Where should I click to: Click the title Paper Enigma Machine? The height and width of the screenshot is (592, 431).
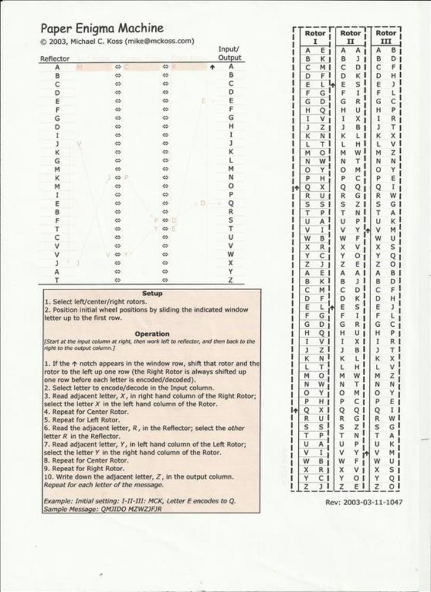pos(102,28)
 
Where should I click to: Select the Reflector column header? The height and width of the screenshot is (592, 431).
pos(55,59)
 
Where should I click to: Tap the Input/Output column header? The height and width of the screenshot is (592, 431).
pos(229,53)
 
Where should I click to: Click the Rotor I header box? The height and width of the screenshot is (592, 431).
pos(315,37)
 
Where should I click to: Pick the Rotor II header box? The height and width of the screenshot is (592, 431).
pos(350,37)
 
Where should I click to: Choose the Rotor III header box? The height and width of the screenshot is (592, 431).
pos(385,37)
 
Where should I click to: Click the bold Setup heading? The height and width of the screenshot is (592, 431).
pos(152,294)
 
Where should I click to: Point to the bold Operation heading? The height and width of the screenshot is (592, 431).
pos(152,334)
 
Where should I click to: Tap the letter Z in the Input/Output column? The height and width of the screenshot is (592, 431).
pos(231,281)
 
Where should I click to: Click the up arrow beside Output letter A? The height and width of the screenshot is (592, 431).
pos(212,67)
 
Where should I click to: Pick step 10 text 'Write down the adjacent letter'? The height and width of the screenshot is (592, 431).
pos(142,477)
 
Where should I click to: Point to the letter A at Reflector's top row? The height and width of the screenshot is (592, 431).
pos(58,67)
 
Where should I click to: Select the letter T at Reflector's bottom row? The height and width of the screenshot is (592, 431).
pos(58,281)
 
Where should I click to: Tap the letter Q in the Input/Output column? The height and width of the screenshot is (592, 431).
pos(231,204)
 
